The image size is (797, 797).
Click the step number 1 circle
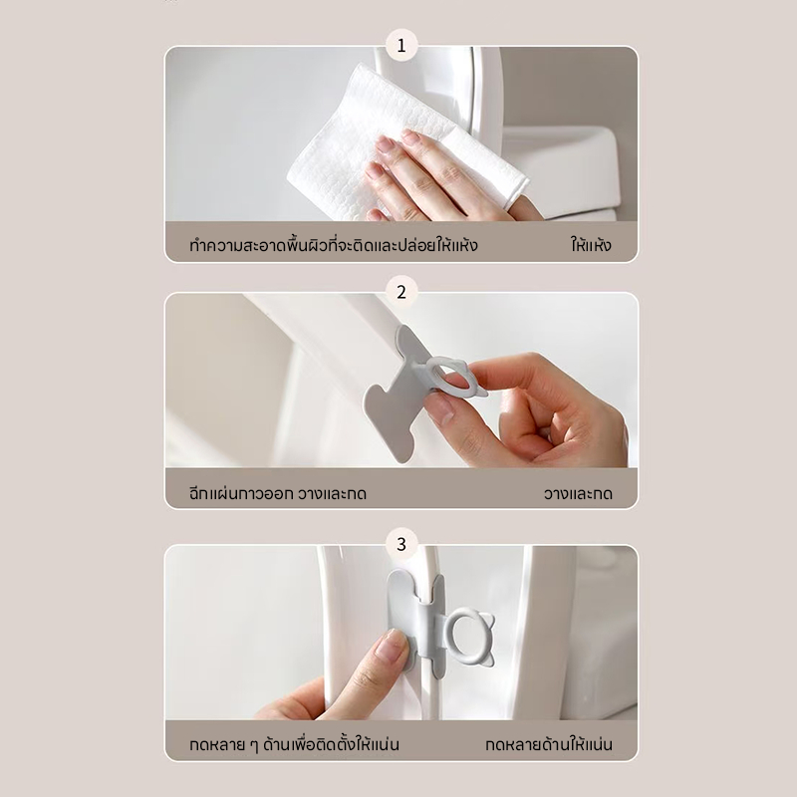401,46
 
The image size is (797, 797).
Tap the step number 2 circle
401,292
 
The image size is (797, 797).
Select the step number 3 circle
401,544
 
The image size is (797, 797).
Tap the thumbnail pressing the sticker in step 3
391,645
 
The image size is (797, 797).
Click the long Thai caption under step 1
334,245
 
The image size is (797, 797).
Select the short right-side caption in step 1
591,245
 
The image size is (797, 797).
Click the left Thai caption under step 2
278,493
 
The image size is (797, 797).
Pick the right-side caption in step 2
578,493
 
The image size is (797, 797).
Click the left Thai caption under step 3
294,744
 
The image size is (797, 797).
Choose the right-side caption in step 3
549,744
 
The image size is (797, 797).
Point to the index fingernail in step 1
385,144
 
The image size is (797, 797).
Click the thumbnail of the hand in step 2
440,409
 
